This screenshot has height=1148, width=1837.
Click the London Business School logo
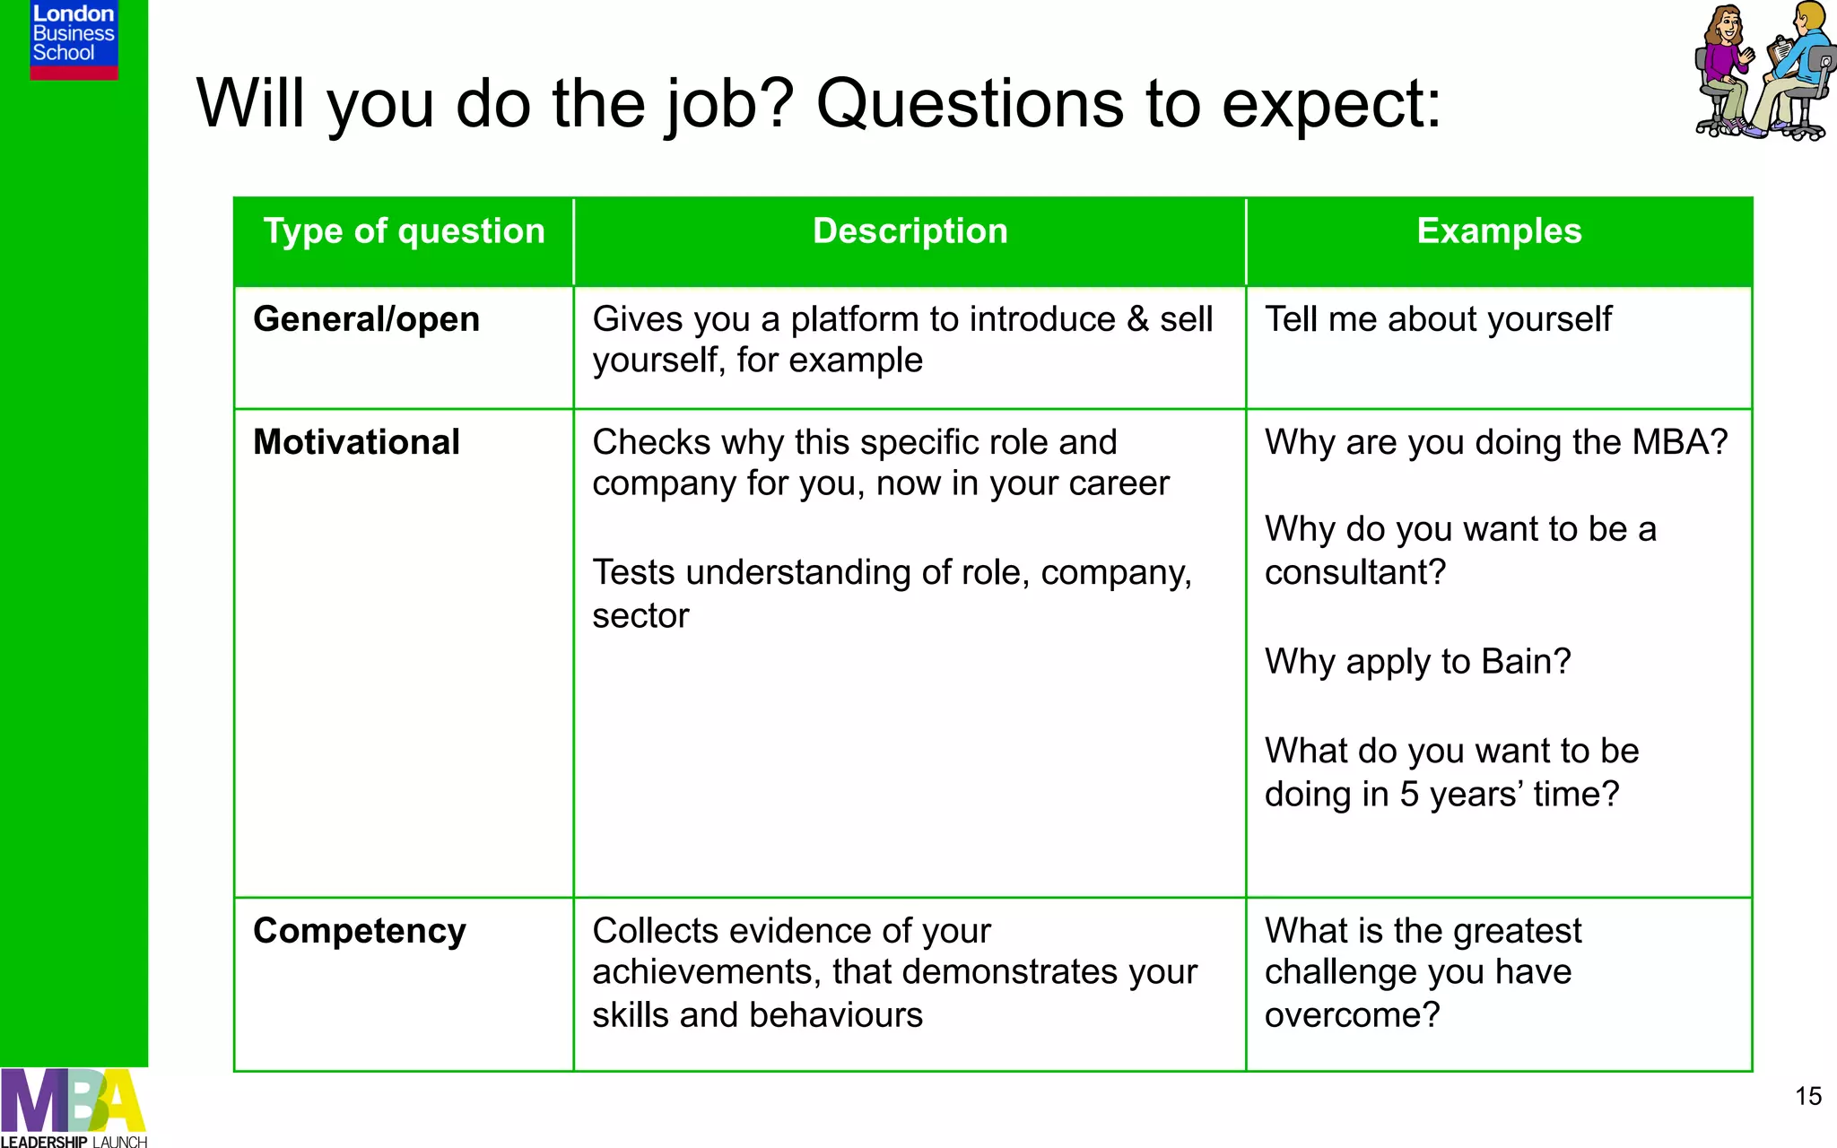[x=74, y=39]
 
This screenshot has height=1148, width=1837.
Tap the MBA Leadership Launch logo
[x=74, y=1108]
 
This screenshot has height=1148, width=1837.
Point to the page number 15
[x=1807, y=1096]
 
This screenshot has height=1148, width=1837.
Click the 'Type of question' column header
[x=404, y=231]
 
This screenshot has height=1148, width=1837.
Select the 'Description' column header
[x=910, y=231]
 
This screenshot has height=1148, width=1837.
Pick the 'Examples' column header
[x=1499, y=231]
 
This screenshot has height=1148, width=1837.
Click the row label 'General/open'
[x=366, y=319]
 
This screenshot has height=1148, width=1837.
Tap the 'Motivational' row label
[x=356, y=442]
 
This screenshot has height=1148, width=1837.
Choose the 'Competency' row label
[x=359, y=931]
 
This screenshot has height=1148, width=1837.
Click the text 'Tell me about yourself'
[x=1438, y=319]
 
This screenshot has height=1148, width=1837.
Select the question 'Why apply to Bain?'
[x=1417, y=662]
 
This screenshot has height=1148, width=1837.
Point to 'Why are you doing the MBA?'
[x=1495, y=442]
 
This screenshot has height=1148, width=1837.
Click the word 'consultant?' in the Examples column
[x=1355, y=572]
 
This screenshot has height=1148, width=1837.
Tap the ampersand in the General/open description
[x=1137, y=319]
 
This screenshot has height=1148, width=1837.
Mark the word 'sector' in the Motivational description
[x=640, y=616]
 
